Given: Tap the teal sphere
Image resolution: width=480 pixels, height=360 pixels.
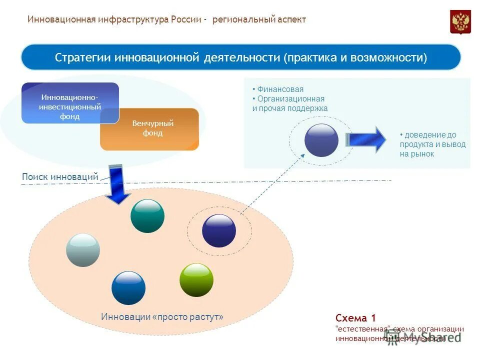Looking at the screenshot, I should click(147, 215).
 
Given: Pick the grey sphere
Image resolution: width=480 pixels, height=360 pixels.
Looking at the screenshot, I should click(83, 250).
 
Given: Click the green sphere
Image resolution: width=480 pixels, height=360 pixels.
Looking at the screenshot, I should click(196, 280).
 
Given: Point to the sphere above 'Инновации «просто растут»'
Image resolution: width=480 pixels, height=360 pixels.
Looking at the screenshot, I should click(128, 288).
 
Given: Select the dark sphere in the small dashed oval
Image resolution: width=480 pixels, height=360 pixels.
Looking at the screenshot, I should click(219, 230).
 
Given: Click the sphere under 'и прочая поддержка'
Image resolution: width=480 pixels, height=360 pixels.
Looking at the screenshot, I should click(321, 140).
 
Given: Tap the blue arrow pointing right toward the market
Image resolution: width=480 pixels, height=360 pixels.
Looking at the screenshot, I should click(366, 139).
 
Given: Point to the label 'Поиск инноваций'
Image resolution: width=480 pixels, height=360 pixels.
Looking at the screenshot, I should click(60, 176).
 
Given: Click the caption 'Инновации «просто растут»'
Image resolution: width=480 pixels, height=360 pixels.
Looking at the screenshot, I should click(162, 317).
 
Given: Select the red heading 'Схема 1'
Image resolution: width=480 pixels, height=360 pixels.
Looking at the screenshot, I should click(355, 318).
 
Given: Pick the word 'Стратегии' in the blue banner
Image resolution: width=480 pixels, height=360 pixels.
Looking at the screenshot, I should click(83, 57).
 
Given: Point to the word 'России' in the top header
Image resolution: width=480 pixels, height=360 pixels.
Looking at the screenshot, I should click(186, 19).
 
